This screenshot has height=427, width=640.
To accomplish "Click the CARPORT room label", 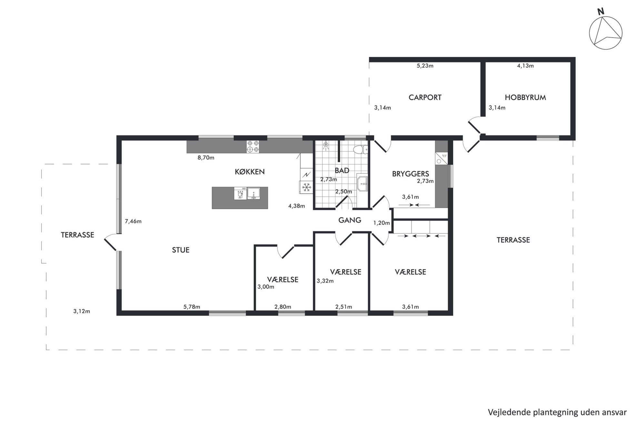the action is [x=425, y=97].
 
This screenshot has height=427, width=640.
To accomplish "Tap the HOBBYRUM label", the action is [x=525, y=97].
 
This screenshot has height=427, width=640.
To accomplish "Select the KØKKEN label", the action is [x=250, y=172].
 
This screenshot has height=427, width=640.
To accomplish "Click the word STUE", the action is [x=181, y=250].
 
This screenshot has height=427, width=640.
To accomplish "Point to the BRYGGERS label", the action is [x=410, y=174].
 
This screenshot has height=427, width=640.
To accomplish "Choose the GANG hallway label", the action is [x=350, y=220].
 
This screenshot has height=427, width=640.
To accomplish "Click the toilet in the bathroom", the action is [x=361, y=150].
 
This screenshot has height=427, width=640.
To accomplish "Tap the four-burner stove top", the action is [x=253, y=146].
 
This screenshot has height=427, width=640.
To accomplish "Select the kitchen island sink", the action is [x=254, y=193].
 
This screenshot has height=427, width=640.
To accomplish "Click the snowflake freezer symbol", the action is [x=306, y=187].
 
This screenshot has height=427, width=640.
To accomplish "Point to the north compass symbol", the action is [x=605, y=31].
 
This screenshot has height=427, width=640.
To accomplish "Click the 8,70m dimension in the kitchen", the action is [x=206, y=158].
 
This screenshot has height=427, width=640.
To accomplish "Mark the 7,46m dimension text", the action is [x=133, y=221].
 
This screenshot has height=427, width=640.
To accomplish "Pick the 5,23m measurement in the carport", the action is [x=425, y=66].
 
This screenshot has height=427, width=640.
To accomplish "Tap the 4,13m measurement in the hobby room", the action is [x=525, y=66].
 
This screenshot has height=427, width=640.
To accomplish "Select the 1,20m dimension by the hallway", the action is [x=382, y=223].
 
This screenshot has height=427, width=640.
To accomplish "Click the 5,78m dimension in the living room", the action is [x=192, y=307].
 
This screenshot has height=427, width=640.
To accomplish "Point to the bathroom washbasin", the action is [x=363, y=182].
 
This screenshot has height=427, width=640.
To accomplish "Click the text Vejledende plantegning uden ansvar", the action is [x=557, y=412].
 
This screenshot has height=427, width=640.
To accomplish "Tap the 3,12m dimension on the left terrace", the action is [x=82, y=311].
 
